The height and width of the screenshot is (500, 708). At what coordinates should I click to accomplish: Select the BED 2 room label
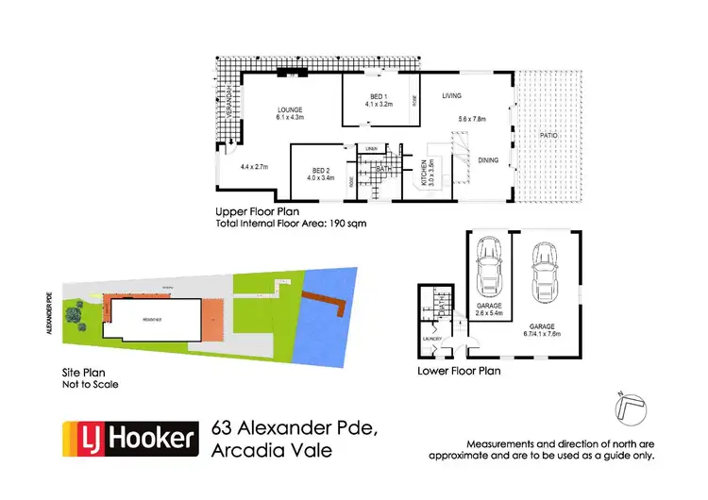(321, 167)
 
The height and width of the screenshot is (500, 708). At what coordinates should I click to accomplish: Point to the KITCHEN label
(420, 173)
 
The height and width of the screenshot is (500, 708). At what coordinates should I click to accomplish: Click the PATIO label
(548, 136)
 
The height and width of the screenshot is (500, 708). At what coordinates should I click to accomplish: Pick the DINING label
(487, 159)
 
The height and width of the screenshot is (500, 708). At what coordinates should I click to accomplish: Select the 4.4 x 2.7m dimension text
(254, 167)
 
